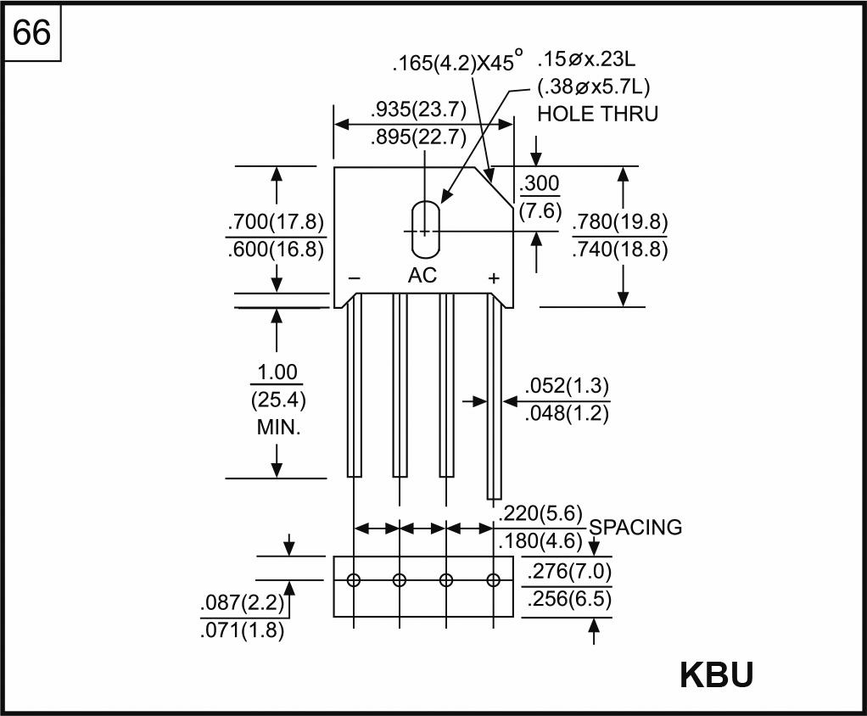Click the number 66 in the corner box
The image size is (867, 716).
(32, 33)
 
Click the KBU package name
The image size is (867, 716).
(716, 675)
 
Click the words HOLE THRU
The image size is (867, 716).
(597, 114)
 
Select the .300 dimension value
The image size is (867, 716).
(540, 184)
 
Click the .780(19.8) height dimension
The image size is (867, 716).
(619, 223)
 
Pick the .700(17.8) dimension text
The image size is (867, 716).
(276, 223)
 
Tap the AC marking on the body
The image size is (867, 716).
(422, 276)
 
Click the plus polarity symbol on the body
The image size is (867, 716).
(493, 278)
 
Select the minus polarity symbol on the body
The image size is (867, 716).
(355, 278)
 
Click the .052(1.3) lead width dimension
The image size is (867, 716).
(567, 386)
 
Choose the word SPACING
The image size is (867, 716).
(635, 527)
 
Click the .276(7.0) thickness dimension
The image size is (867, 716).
(568, 570)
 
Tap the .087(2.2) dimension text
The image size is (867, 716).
(241, 604)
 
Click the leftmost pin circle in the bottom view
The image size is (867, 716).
(354, 580)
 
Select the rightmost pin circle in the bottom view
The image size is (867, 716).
(494, 580)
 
